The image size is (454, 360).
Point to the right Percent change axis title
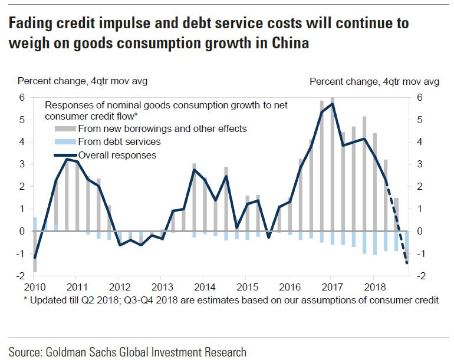click(374, 81)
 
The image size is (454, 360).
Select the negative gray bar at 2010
click(35, 251)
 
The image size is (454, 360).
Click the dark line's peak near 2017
click(333, 104)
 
